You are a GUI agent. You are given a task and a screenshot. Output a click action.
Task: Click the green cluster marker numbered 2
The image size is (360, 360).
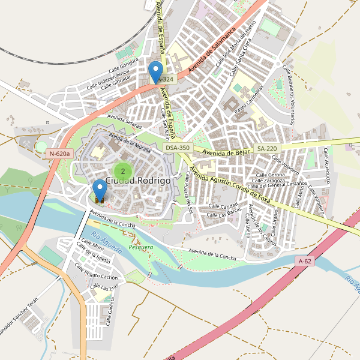tap(123, 171)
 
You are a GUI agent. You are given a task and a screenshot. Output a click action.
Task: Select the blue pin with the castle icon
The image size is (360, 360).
tap(100, 191)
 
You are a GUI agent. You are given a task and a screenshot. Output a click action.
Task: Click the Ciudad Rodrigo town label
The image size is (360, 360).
tap(138, 180)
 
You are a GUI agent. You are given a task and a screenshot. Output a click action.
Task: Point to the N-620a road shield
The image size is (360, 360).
tap(59, 154)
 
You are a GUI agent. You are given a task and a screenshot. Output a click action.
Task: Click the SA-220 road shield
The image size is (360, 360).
tap(267, 148)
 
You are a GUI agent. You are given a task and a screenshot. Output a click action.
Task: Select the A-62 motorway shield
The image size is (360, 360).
tap(305, 261)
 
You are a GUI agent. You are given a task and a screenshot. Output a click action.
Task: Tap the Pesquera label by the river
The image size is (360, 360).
tap(140, 247)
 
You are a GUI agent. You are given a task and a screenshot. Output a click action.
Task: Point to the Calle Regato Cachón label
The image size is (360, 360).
tap(97, 274)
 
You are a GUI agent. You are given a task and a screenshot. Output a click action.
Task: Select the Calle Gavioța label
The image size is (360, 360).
tap(110, 312)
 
